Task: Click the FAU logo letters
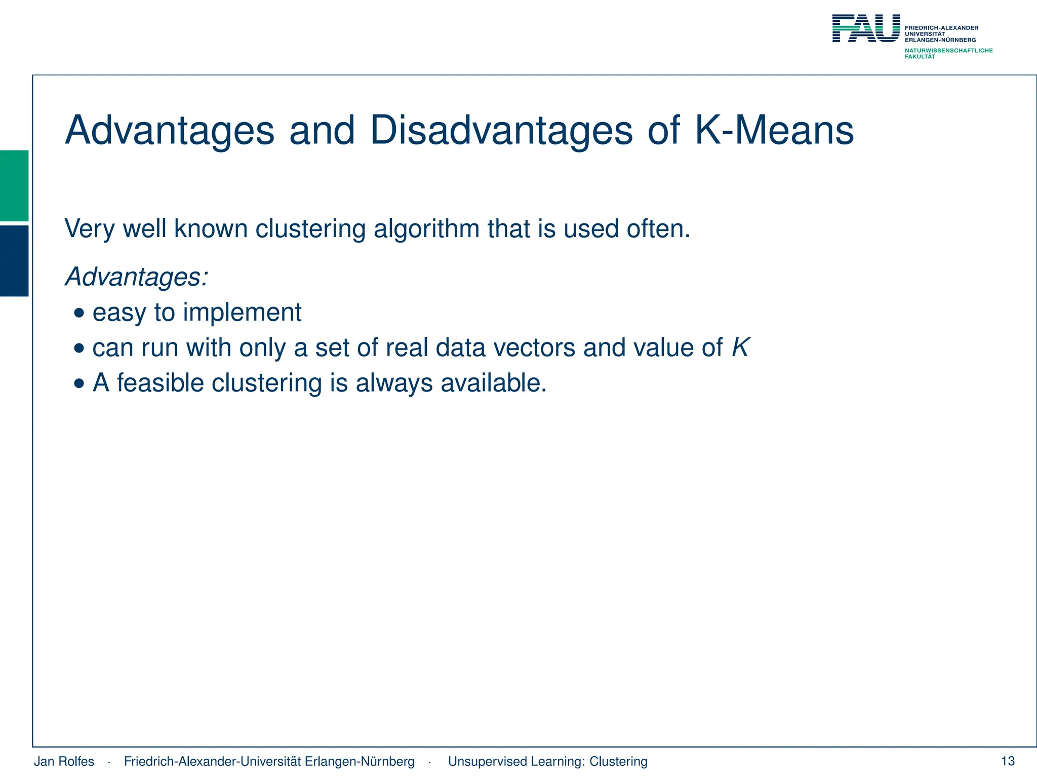coord(866,28)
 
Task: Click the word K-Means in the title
coord(774,131)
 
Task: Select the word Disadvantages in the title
coord(501,131)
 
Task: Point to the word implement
coord(242,313)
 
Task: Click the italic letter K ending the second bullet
coord(740,348)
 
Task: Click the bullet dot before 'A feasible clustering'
coord(79,383)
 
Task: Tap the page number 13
coord(1008,761)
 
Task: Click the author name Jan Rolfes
coord(64,761)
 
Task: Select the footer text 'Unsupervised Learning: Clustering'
coord(547,761)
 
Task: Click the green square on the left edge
coord(14,185)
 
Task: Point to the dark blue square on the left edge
coord(14,260)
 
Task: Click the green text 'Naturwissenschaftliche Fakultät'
coord(948,53)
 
